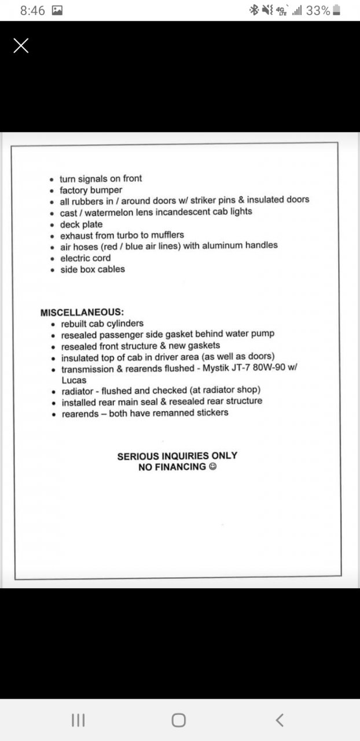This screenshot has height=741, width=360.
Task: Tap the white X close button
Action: coord(21,46)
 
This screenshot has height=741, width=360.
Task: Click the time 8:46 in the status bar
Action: coord(32,10)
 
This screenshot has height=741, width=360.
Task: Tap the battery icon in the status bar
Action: coord(337,10)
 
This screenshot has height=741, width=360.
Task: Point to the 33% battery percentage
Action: coord(318,10)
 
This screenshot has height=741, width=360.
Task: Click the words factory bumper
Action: coord(91,190)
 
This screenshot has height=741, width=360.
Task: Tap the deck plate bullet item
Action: coord(82,224)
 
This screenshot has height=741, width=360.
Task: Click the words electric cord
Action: coord(86,258)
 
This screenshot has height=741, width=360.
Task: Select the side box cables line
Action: coord(93,269)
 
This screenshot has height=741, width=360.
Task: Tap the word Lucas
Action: coord(74,380)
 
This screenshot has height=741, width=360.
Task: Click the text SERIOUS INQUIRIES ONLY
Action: coord(177,456)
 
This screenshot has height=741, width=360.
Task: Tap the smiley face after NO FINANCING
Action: coord(212,467)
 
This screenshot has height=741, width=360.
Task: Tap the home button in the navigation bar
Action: coord(179,720)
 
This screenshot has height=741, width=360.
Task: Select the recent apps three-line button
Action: coord(78,720)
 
